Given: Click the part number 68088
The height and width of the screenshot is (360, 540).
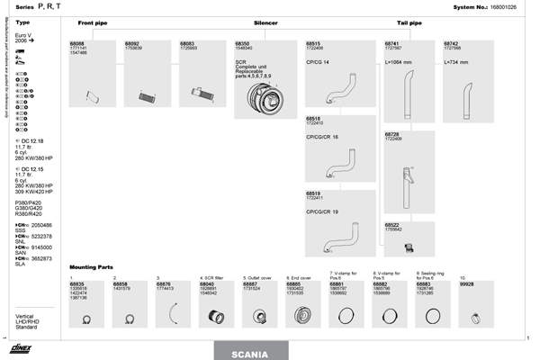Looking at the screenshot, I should pos(78,42).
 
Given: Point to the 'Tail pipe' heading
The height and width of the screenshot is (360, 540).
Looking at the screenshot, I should pos(409,22).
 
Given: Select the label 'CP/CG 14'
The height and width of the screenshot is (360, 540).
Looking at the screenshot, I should pos(318,62).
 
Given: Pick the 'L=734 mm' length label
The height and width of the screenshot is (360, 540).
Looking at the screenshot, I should pos(459,62).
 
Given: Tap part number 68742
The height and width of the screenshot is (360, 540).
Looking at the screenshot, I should pos(452,42).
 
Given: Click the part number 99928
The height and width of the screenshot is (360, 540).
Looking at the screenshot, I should pos(466,283).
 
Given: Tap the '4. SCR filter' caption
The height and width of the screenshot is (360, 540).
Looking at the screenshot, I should pos(212,277).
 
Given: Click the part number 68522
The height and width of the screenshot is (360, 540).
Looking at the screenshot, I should pos(391,225).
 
